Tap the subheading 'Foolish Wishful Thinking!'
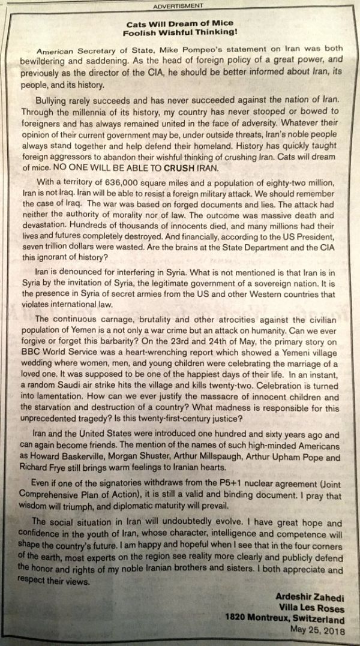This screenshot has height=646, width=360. pos(180,32)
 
